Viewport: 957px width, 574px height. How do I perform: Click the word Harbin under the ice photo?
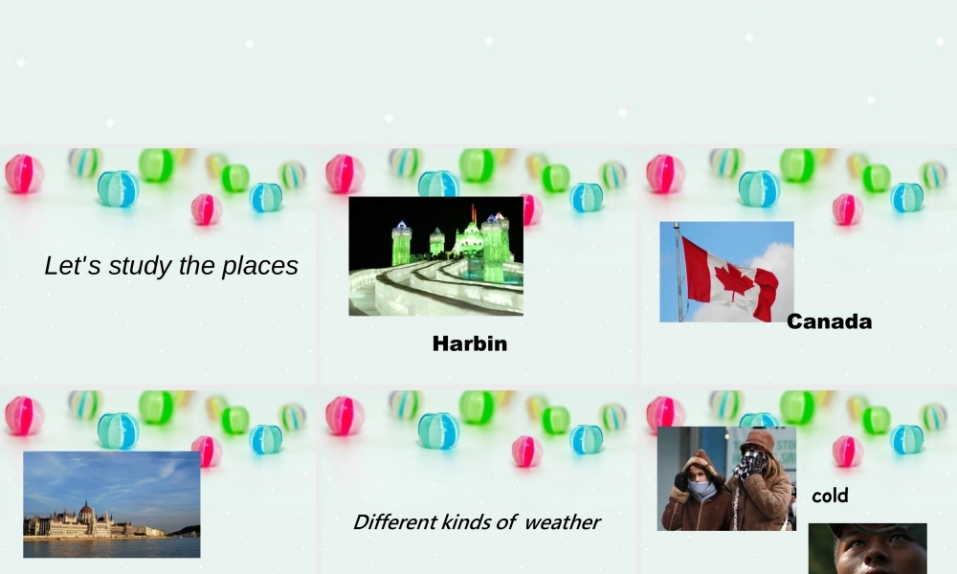coord(469,343)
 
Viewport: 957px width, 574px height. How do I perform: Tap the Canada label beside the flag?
coord(829,321)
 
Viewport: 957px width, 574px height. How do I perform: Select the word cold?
coord(830,496)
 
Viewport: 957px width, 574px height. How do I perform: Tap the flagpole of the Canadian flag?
coord(679,273)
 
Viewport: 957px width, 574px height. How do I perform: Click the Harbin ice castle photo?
coord(435,255)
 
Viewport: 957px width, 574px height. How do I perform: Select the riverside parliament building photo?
coord(111,504)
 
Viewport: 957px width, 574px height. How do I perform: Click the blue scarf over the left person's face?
coord(701,489)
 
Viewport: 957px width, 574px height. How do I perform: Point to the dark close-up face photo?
coord(867,549)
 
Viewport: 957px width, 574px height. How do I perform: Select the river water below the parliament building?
coord(111,546)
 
